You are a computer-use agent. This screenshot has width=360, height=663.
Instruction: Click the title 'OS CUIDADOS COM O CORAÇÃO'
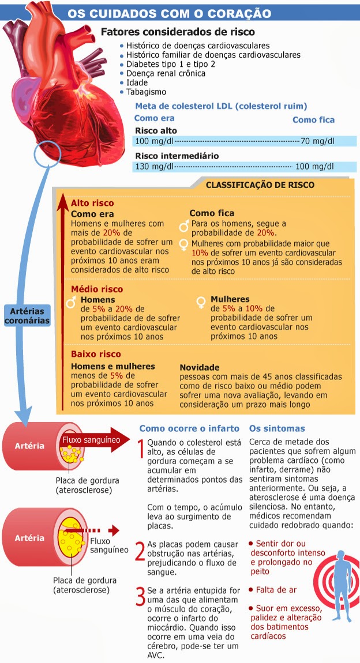click(x=169, y=13)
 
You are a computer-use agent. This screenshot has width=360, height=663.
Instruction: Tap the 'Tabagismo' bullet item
click(x=146, y=92)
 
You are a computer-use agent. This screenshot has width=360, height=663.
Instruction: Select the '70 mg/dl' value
click(x=317, y=141)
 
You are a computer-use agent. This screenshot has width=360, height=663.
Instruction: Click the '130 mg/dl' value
click(x=154, y=167)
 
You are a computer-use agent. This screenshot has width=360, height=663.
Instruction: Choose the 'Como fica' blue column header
click(x=313, y=120)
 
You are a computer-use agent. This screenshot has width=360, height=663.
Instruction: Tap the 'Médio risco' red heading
click(x=97, y=289)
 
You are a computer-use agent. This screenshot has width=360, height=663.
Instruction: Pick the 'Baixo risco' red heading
click(x=96, y=354)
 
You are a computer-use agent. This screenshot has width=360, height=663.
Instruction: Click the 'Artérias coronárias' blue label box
click(x=27, y=315)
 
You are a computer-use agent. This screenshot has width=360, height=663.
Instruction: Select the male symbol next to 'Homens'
click(x=72, y=302)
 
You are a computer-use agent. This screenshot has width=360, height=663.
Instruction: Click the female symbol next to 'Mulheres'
click(x=202, y=301)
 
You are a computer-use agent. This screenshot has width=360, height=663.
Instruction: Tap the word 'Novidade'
click(x=200, y=367)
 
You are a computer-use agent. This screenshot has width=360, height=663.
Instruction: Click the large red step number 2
click(x=140, y=551)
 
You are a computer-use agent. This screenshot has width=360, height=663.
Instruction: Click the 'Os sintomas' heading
click(x=277, y=428)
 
